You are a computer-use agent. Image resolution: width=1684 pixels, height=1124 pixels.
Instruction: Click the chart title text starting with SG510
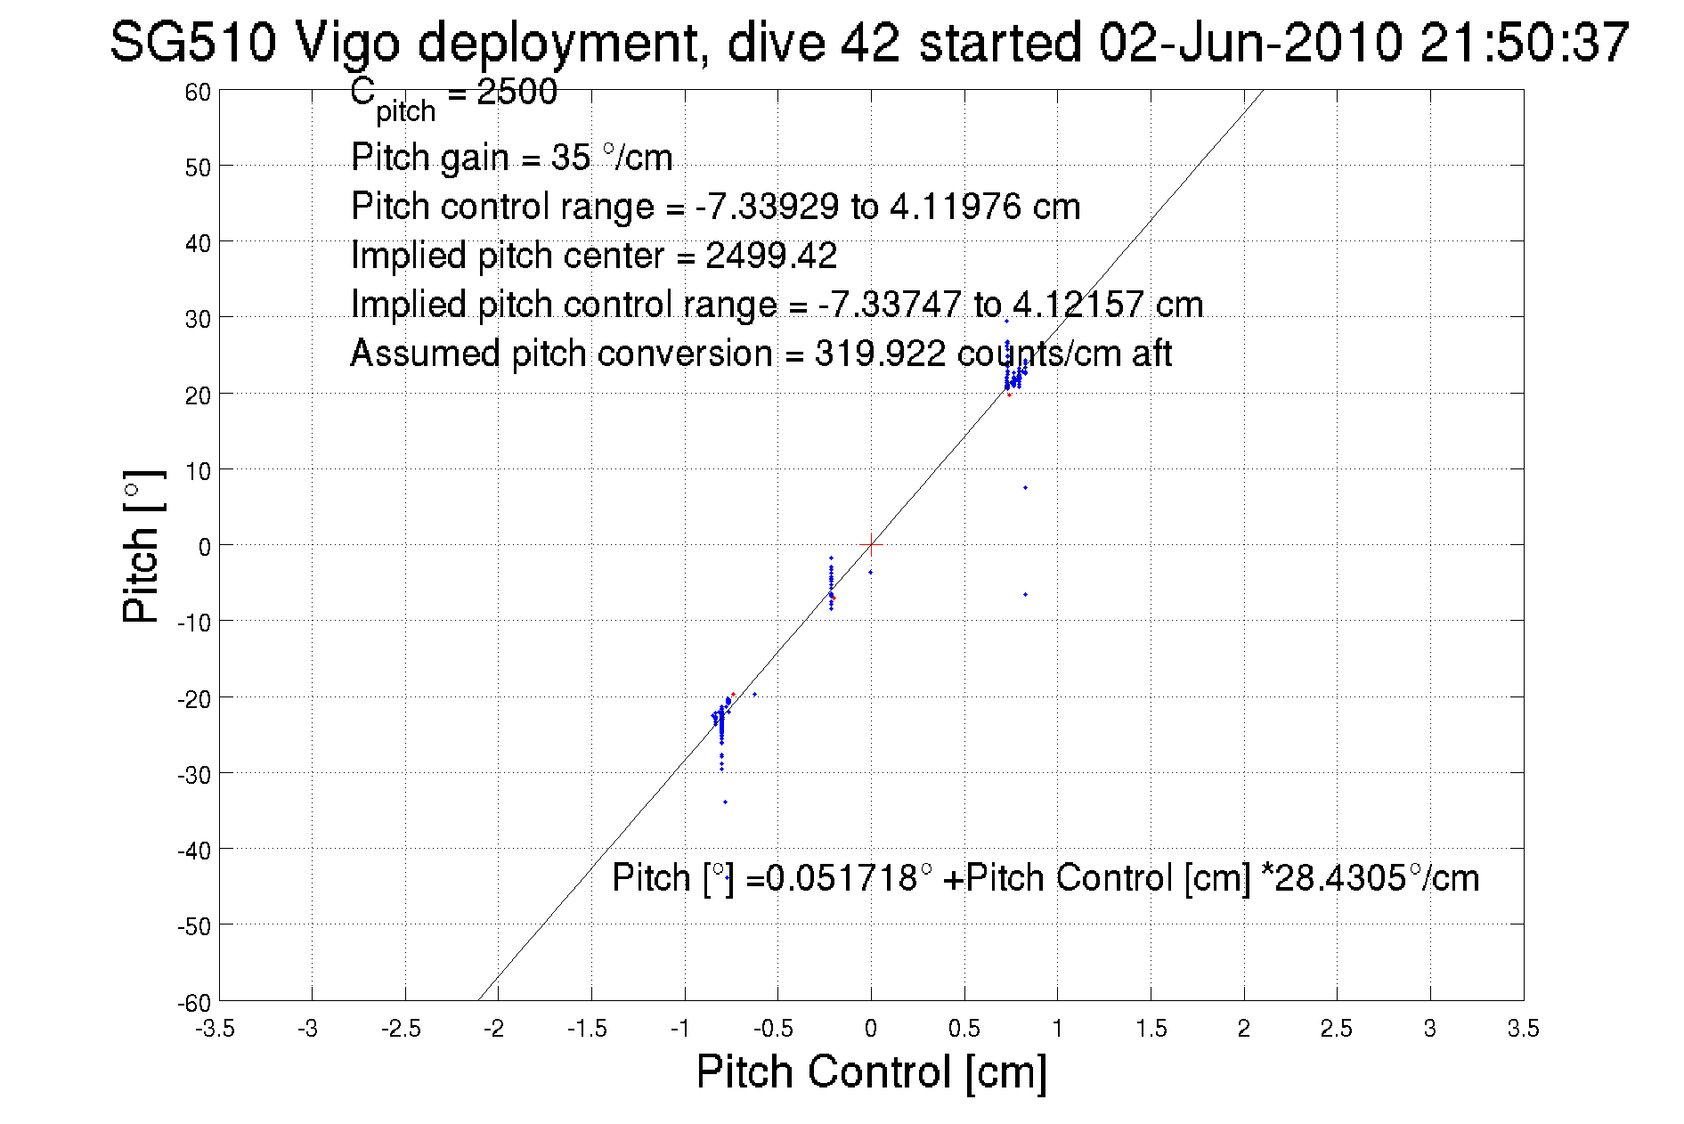click(x=868, y=42)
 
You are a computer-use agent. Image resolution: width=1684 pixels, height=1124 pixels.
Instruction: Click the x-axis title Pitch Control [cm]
click(x=870, y=1071)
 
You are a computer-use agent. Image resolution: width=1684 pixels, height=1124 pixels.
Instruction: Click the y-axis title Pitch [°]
click(x=142, y=546)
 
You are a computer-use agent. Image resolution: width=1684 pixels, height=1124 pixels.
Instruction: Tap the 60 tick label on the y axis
click(x=198, y=92)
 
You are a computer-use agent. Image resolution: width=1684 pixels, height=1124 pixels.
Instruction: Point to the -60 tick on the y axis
click(x=194, y=1003)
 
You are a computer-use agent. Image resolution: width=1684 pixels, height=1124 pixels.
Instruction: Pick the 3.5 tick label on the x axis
click(x=1523, y=1029)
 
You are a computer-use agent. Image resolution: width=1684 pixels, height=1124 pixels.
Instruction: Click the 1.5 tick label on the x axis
click(x=1150, y=1029)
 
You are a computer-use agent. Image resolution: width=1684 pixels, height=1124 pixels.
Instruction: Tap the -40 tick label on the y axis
click(x=194, y=851)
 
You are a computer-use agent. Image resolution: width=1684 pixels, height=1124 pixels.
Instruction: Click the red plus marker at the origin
click(x=871, y=543)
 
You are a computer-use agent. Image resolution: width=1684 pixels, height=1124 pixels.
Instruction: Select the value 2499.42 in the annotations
click(x=771, y=257)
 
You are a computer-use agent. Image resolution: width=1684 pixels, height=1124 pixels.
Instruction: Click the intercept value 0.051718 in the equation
click(x=842, y=878)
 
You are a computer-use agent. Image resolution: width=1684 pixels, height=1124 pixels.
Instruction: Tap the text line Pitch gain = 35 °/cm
click(x=511, y=158)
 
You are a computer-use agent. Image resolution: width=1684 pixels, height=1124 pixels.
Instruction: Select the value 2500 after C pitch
click(x=517, y=92)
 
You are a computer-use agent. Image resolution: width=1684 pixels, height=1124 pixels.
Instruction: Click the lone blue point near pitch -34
click(x=725, y=802)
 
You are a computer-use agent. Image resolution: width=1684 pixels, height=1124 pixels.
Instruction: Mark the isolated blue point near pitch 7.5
click(x=1025, y=487)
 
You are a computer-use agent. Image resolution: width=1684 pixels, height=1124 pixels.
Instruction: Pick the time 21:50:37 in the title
click(x=1525, y=42)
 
